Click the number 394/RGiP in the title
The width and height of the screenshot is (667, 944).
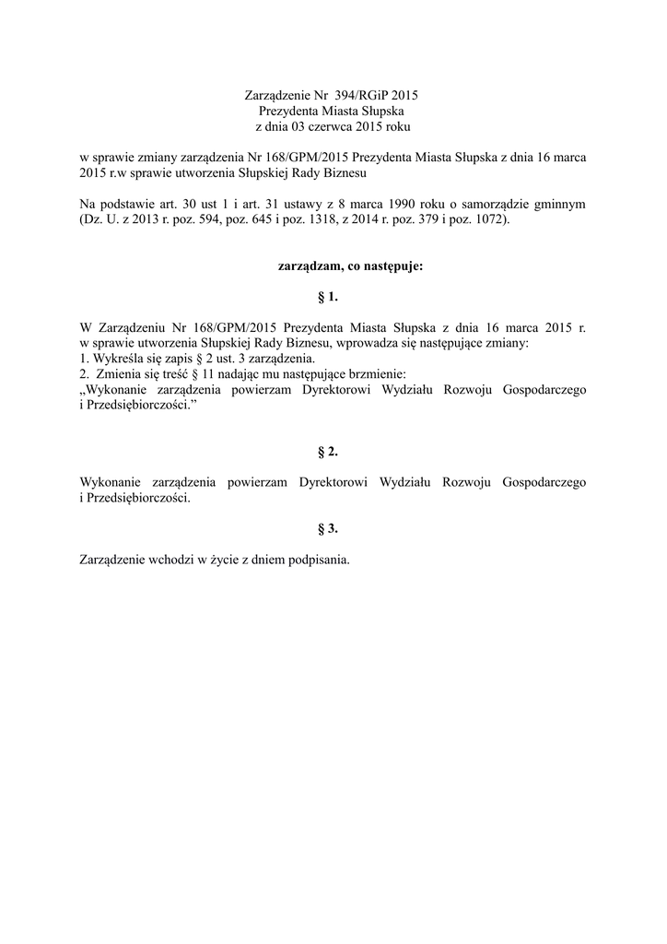pyautogui.click(x=362, y=95)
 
